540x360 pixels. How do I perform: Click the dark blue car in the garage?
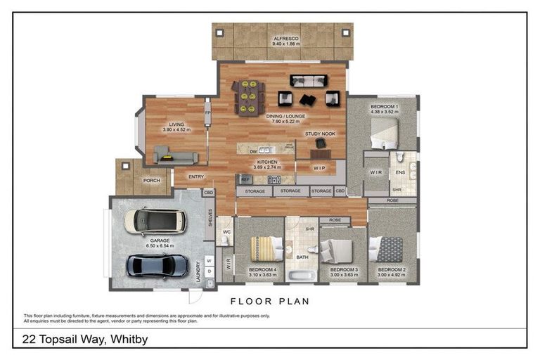click(157, 265)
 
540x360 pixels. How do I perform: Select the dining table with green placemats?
click(248, 97)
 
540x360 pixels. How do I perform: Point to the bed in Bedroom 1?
click(384, 133)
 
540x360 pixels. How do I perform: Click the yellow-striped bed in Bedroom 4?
click(266, 249)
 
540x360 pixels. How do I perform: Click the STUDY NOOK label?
click(320, 133)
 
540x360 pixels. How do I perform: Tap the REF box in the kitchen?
click(245, 179)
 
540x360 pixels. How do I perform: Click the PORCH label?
click(151, 180)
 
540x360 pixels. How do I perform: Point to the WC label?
click(227, 231)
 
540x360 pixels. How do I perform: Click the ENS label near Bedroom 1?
click(400, 172)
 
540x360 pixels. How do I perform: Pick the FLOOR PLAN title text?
click(270, 301)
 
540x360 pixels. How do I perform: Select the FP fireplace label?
click(208, 112)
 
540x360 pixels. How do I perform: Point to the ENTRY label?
click(196, 176)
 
